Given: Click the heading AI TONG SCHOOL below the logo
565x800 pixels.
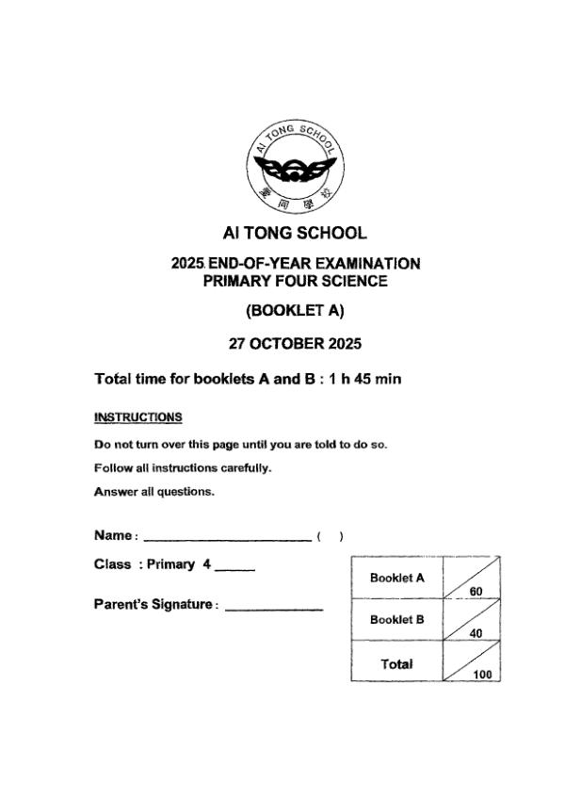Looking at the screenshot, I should tap(296, 233).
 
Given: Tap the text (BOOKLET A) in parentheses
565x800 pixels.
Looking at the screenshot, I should tap(296, 310).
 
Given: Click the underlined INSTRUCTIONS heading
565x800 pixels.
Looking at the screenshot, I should tap(137, 416).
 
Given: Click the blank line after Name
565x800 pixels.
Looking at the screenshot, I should tap(226, 538).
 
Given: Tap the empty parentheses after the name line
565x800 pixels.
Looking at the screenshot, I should tap(330, 536).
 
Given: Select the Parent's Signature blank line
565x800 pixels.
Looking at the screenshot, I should tap(274, 607).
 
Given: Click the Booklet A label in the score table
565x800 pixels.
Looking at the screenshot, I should tap(397, 578).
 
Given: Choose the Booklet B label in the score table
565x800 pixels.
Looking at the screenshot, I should tap(397, 620).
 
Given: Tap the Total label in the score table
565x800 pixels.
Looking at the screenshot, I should tap(397, 663).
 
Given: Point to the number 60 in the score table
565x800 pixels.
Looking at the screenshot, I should tap(476, 591).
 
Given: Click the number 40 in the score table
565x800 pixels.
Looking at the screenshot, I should tap(476, 633).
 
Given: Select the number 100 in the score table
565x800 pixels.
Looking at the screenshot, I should tap(483, 675).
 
